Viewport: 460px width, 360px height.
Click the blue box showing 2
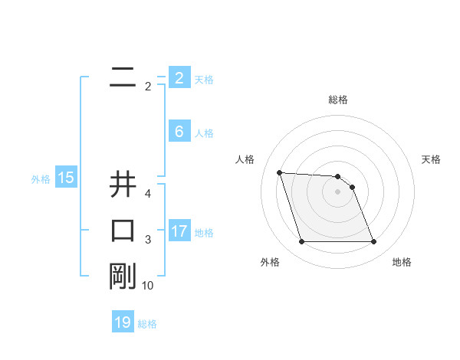[x=179, y=78]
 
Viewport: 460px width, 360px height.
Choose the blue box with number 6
[x=179, y=132]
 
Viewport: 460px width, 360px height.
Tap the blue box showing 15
[x=66, y=178]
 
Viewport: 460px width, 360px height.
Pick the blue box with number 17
[x=179, y=231]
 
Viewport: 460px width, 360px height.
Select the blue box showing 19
[x=123, y=322]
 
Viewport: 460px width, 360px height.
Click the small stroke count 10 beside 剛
[x=148, y=286]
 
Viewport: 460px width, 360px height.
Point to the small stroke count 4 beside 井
[x=148, y=194]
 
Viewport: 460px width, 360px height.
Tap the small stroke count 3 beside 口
[x=148, y=241]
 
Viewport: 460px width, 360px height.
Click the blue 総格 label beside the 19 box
[x=147, y=324]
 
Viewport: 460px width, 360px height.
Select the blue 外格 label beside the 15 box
[x=41, y=179]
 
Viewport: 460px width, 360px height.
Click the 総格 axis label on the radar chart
[x=338, y=100]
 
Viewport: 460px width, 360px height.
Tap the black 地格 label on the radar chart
[x=402, y=262]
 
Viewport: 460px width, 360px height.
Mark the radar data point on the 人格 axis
[x=280, y=172]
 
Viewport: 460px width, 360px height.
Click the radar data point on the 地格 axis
[x=373, y=242]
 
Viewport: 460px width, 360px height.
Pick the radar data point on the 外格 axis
[x=301, y=242]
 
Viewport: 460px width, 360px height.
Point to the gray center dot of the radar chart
[x=338, y=191]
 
